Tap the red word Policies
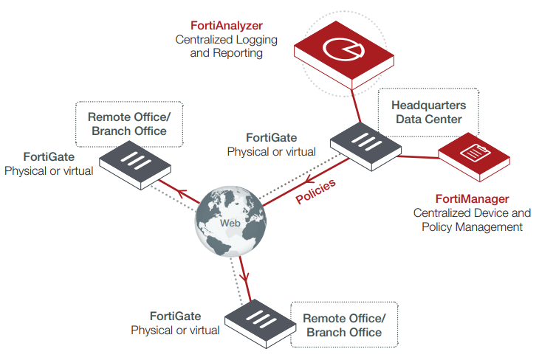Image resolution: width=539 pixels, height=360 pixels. pos(316,190)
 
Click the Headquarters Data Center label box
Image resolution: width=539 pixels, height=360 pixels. pos(428,112)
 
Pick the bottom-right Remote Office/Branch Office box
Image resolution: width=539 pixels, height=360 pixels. pos(344,325)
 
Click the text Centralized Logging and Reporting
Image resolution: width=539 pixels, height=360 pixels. pos(219,46)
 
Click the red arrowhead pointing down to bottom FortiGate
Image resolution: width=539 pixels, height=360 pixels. pos(245,280)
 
